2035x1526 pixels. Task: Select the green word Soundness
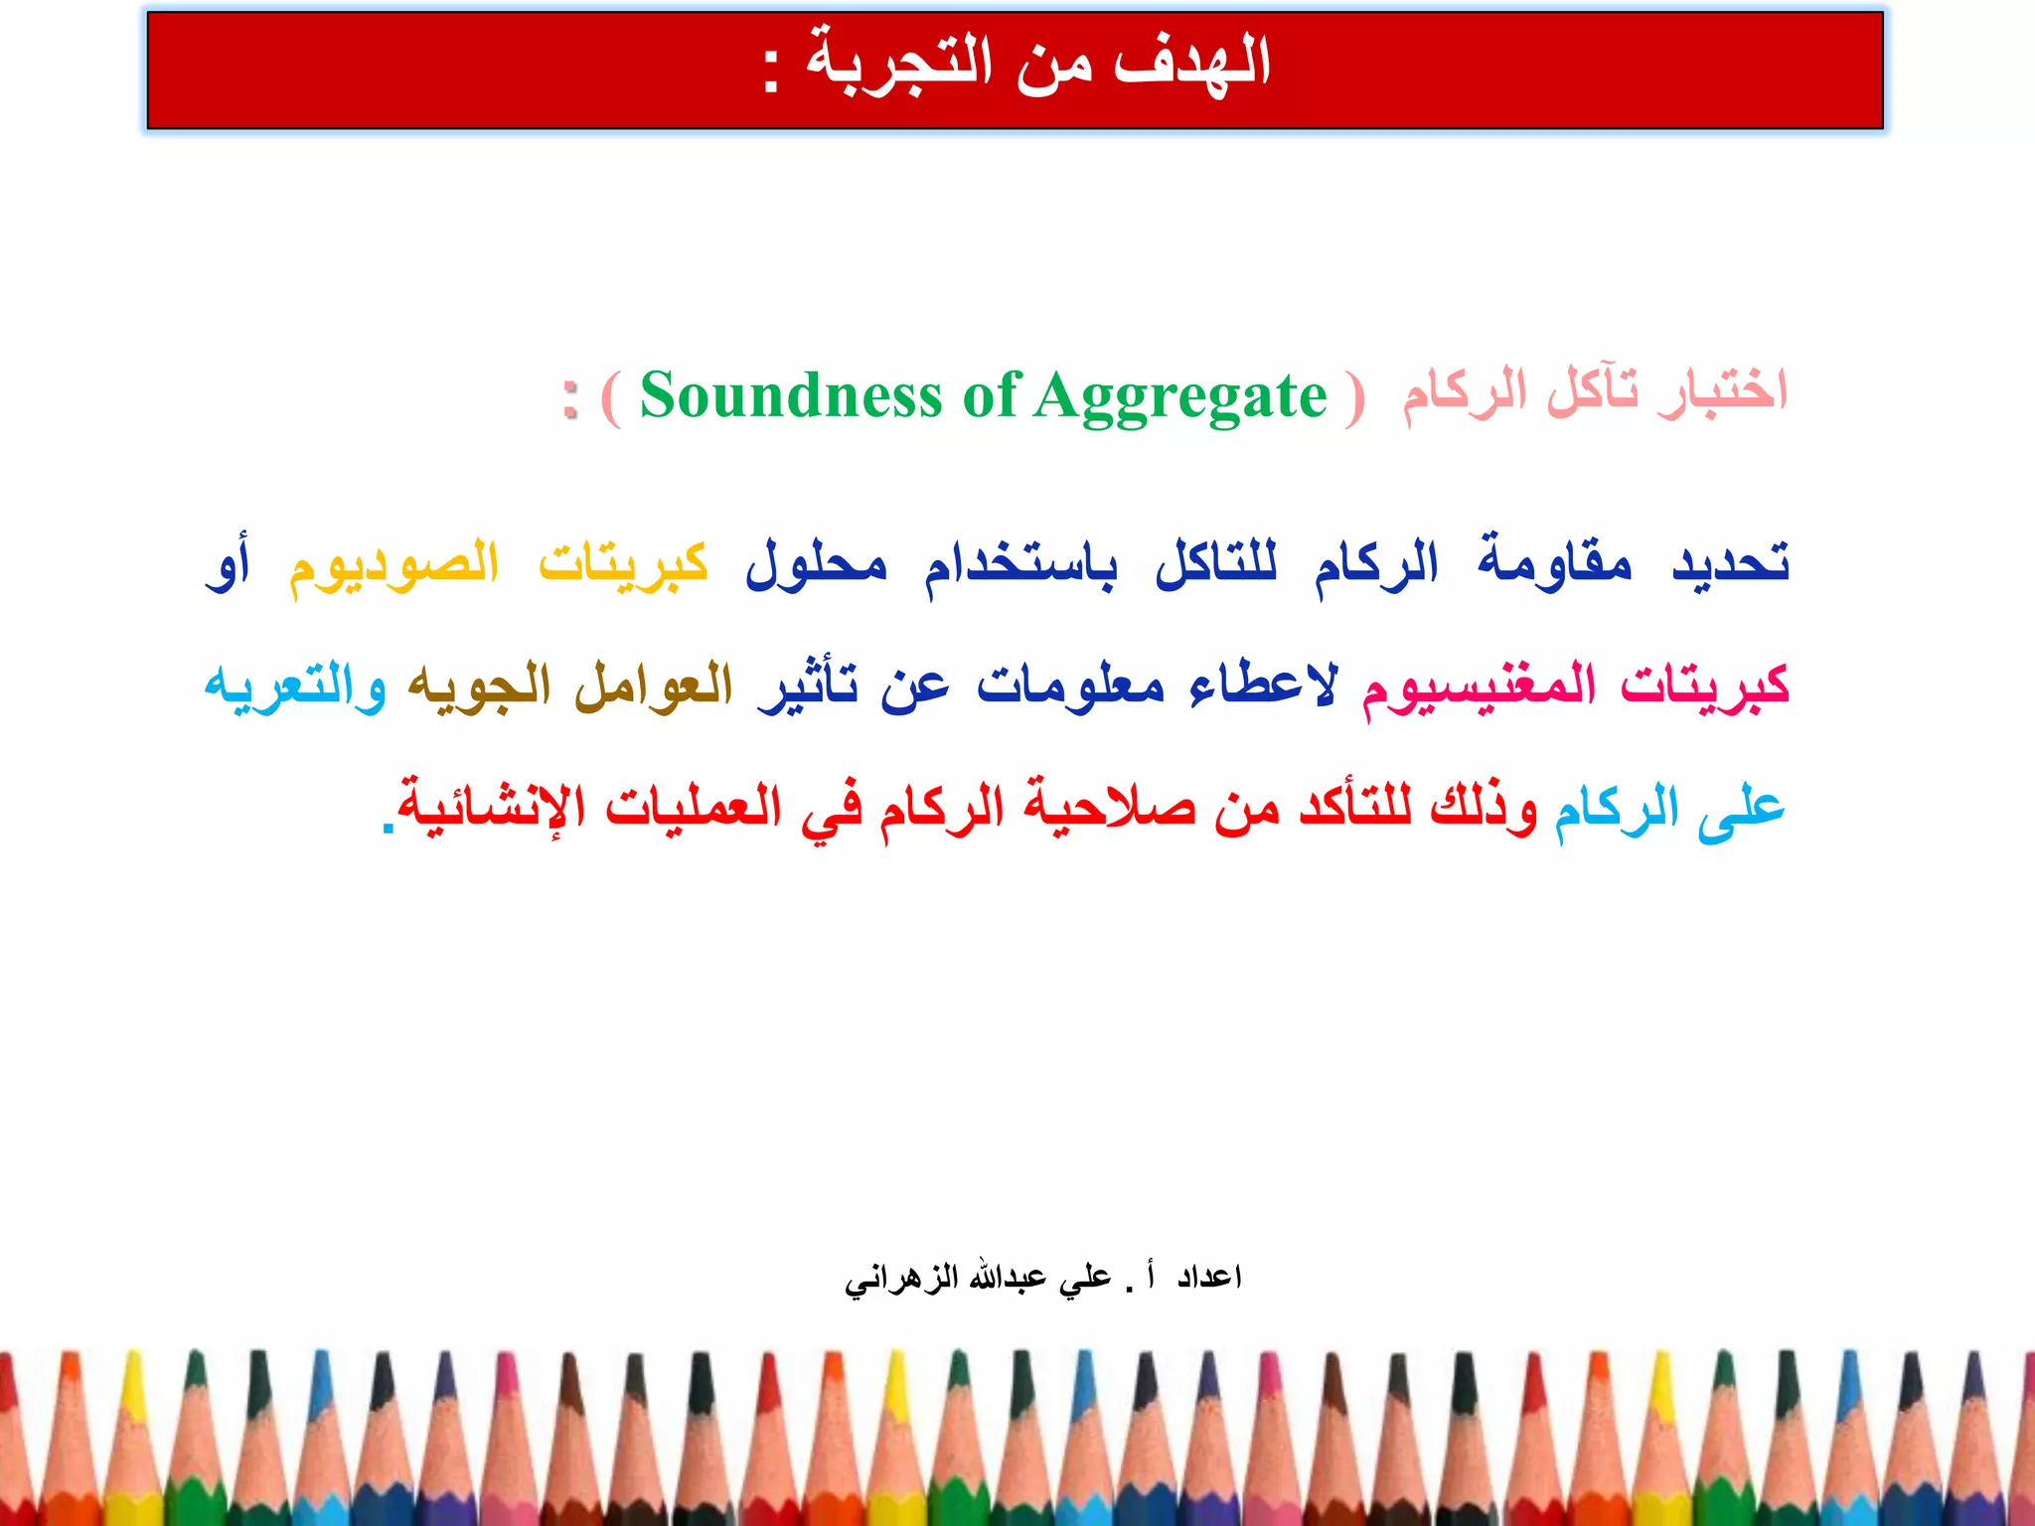[790, 395]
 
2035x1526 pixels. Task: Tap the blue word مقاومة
[1554, 561]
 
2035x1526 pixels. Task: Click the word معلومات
[1070, 686]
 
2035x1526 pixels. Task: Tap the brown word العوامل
[654, 686]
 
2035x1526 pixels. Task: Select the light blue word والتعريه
[295, 686]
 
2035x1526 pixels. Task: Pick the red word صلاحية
[1109, 807]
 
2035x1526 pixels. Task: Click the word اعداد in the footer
[1209, 1277]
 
